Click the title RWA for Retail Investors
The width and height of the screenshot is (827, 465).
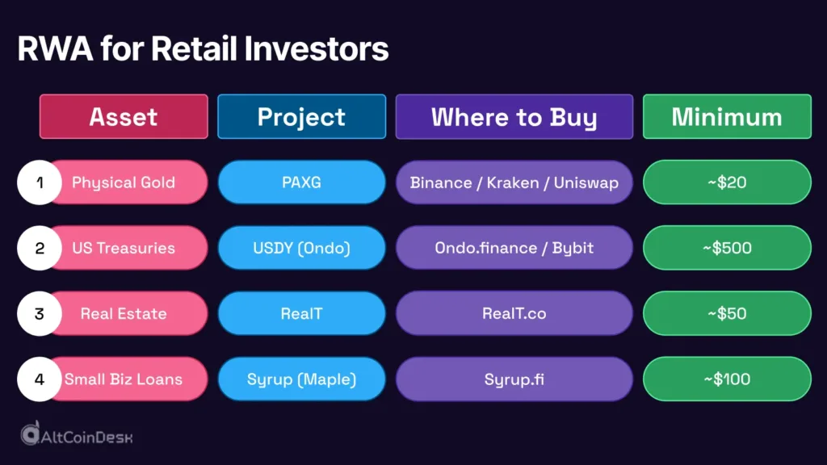coord(203,49)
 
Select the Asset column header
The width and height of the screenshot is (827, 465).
coord(124,116)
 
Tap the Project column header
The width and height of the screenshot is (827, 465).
coord(301,116)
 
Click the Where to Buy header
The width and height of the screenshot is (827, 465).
coord(514,116)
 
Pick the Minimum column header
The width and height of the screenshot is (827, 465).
coord(727,116)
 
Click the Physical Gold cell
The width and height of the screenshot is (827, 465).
coord(124,182)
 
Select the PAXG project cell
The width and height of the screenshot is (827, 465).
coord(301,182)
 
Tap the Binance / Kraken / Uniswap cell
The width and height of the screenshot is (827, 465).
coord(514,182)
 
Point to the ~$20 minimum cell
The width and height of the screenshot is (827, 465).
coord(727,182)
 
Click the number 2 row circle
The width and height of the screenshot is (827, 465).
coord(40,248)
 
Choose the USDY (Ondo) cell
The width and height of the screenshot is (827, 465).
coord(301,248)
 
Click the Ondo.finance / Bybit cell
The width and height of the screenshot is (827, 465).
coord(514,248)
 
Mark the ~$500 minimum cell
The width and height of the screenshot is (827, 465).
coord(727,248)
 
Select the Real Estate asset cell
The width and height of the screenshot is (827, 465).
coord(124,313)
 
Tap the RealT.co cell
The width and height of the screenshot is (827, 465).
coord(514,313)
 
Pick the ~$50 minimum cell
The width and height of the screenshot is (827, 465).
coord(727,313)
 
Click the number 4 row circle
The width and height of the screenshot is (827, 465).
coord(40,379)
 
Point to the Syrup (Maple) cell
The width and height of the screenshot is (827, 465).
coord(301,379)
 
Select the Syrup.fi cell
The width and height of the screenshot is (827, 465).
coord(514,379)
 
